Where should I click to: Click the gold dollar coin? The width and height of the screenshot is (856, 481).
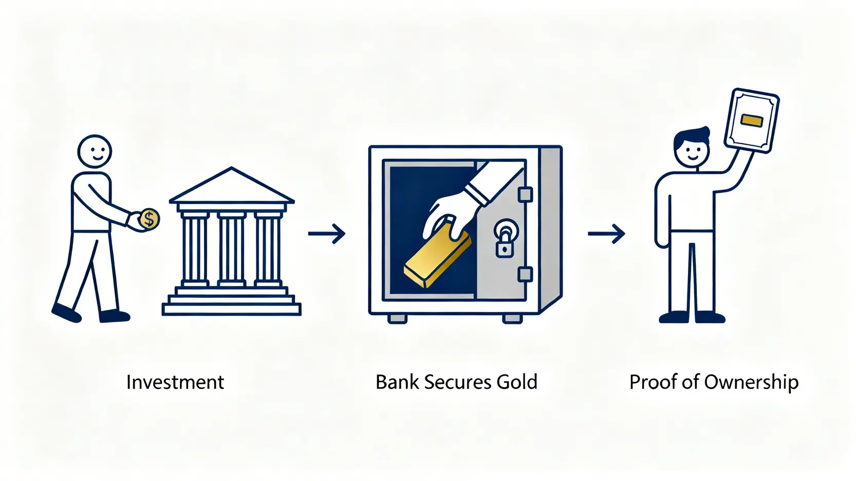click(149, 220)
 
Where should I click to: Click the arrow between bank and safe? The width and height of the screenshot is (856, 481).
click(327, 234)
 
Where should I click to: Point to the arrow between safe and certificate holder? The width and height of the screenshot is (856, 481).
click(606, 234)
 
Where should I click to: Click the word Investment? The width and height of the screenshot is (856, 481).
click(175, 382)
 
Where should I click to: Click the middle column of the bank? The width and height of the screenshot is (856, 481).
click(232, 249)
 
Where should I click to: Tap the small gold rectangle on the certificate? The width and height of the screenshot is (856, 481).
click(752, 121)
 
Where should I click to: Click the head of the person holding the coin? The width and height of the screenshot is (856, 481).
click(95, 151)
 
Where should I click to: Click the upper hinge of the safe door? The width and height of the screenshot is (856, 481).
click(525, 195)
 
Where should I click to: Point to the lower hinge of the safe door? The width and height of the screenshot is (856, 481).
click(525, 275)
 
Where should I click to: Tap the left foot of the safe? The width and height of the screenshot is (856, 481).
click(397, 318)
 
